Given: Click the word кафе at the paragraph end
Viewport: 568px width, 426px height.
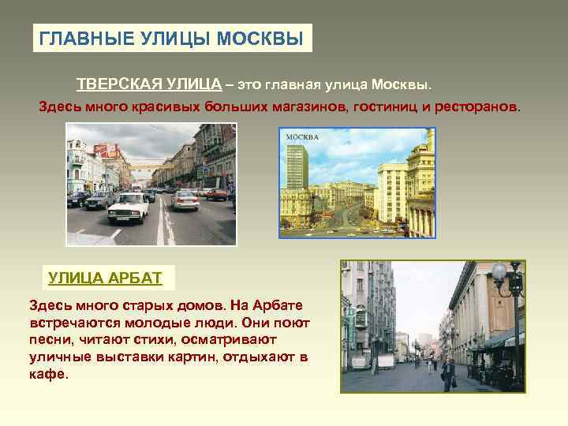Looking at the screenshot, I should [x=47, y=375].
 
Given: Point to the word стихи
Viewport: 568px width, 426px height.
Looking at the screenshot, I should [x=146, y=340].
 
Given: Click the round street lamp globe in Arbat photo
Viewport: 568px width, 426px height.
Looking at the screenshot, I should [x=499, y=272].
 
